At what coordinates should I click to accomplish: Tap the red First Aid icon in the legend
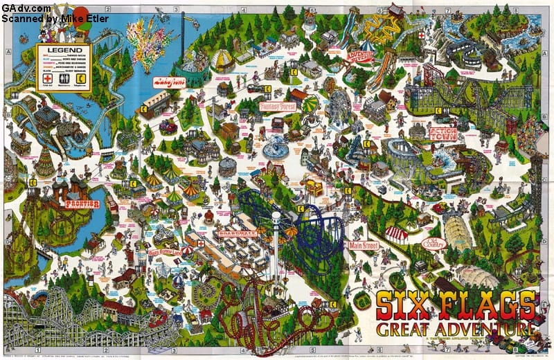[x=48, y=79]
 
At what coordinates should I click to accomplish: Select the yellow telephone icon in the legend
[x=81, y=79]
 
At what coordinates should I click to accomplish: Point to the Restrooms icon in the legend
[x=64, y=79]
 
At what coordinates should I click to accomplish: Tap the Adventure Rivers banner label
[x=360, y=55]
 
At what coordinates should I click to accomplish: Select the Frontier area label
[x=82, y=204]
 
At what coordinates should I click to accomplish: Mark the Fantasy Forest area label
[x=278, y=107]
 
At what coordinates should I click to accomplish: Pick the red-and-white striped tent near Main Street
[x=397, y=234]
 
